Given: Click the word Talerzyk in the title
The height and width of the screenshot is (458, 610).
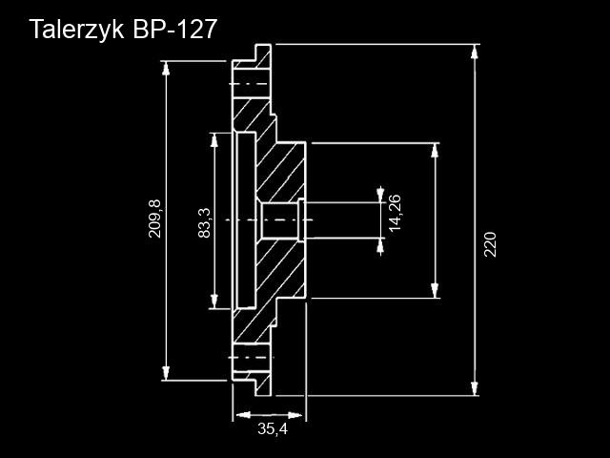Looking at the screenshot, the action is (77, 30).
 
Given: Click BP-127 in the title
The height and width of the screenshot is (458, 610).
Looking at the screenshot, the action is (174, 29).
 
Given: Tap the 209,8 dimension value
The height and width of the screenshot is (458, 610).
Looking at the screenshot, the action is (154, 219).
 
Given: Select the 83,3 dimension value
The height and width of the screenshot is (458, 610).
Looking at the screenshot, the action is (204, 222).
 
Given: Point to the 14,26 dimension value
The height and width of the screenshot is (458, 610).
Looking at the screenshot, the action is (395, 213).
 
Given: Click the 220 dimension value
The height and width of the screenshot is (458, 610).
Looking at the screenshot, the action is (490, 244).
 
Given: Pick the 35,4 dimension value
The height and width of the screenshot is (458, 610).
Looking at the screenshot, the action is (273, 428).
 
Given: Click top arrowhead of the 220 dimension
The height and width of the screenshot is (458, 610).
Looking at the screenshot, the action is (474, 52).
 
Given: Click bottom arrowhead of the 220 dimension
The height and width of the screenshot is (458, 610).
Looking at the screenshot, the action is (474, 388).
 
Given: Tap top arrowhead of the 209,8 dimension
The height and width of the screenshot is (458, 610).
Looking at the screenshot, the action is (166, 68).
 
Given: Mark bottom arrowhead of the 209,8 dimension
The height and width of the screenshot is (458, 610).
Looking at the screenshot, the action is (166, 373).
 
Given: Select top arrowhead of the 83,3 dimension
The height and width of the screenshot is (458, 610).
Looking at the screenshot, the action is (213, 140).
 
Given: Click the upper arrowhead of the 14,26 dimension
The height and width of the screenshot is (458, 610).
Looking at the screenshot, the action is (380, 196).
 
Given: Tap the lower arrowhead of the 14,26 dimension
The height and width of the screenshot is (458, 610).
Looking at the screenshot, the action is (380, 245).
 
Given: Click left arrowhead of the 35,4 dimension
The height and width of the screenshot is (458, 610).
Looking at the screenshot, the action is (243, 415).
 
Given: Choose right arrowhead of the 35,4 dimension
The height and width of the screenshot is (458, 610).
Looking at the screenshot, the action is (295, 415).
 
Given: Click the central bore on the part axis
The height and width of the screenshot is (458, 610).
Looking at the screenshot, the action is (279, 220).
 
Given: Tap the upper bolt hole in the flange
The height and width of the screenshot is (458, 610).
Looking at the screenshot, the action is (251, 84).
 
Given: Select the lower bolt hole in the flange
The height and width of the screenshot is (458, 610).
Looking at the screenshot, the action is (251, 357).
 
